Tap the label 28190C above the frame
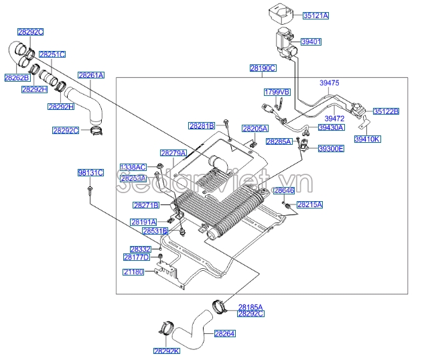click(263, 68)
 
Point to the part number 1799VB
click(276, 91)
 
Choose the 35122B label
click(386, 111)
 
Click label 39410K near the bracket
click(366, 139)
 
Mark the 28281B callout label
click(201, 125)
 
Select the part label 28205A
click(255, 128)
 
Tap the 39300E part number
click(331, 148)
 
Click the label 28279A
click(173, 153)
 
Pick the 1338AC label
click(133, 166)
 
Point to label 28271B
click(145, 205)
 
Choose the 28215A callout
click(309, 204)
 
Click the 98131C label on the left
click(90, 173)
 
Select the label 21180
click(133, 272)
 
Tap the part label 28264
click(224, 333)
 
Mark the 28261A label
click(91, 76)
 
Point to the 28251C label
click(52, 54)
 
